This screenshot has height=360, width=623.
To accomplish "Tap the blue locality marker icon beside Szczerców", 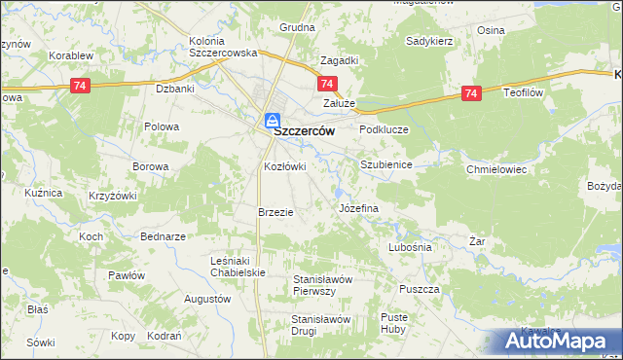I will (273, 121).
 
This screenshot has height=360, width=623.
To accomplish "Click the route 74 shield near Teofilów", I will (471, 93).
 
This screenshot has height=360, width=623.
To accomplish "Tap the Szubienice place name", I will (386, 165).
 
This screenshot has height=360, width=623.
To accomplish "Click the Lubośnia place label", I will (409, 247).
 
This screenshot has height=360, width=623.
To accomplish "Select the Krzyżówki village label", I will (112, 196).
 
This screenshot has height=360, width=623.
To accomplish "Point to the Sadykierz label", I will (430, 43).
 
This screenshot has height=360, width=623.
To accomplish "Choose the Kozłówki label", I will (285, 166).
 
